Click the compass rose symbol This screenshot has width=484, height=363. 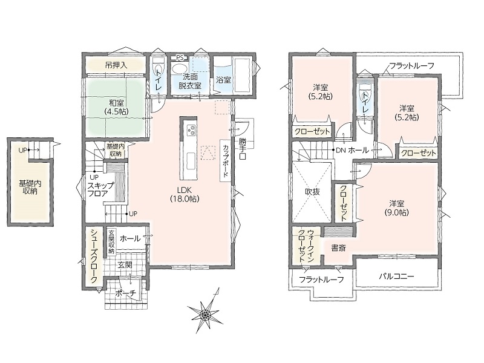205,314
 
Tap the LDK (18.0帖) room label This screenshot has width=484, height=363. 185,194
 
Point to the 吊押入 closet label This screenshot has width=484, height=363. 116,65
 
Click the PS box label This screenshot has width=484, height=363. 180,57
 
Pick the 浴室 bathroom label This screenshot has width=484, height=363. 223,80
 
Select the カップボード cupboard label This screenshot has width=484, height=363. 226,160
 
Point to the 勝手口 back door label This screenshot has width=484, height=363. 243,149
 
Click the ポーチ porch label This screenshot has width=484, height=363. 126,294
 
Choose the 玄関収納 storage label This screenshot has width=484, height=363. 111,241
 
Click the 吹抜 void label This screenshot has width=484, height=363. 312,192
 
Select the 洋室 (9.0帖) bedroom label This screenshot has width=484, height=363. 397,208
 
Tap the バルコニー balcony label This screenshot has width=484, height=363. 396,276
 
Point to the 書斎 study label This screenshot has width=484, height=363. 338,248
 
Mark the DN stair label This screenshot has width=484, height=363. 341,150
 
